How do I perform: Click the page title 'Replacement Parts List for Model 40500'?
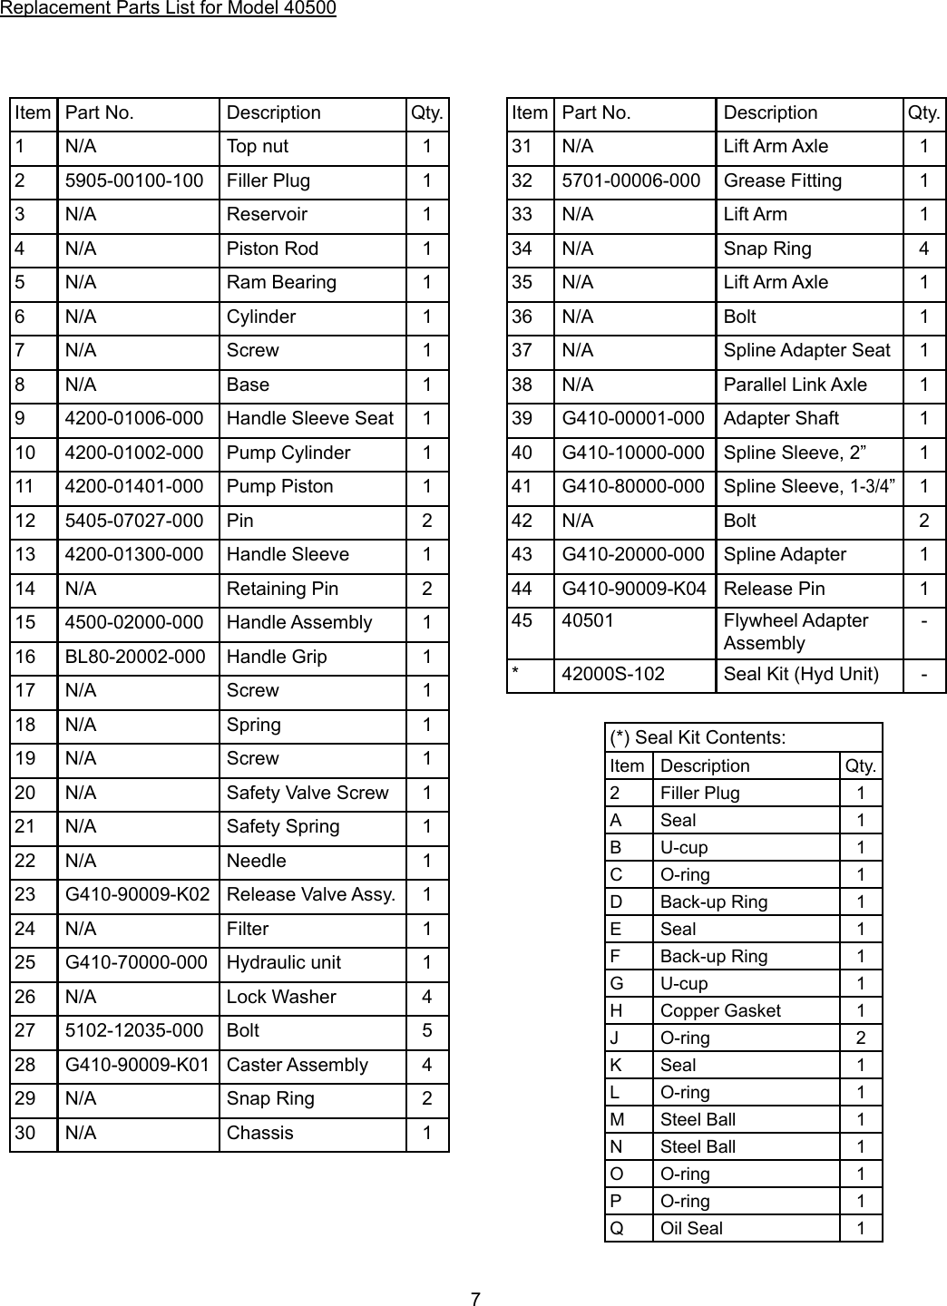168,9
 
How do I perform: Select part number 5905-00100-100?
134,180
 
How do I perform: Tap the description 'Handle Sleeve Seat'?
309,418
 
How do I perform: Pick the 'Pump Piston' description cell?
279,486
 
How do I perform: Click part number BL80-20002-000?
135,657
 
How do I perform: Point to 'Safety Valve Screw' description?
308,793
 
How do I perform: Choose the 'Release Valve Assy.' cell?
310,894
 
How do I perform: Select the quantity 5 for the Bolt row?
427,1030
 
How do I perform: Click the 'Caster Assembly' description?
298,1065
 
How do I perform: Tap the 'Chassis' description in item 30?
260,1133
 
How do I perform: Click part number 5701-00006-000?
631,180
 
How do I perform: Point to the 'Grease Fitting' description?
782,180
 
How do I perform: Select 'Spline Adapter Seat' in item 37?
806,350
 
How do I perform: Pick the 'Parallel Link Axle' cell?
795,385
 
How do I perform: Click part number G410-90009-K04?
633,589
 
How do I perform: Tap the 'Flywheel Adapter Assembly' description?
796,631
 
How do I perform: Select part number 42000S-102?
613,674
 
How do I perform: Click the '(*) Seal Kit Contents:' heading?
698,737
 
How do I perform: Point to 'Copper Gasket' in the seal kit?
720,1010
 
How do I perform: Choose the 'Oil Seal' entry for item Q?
691,1228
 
